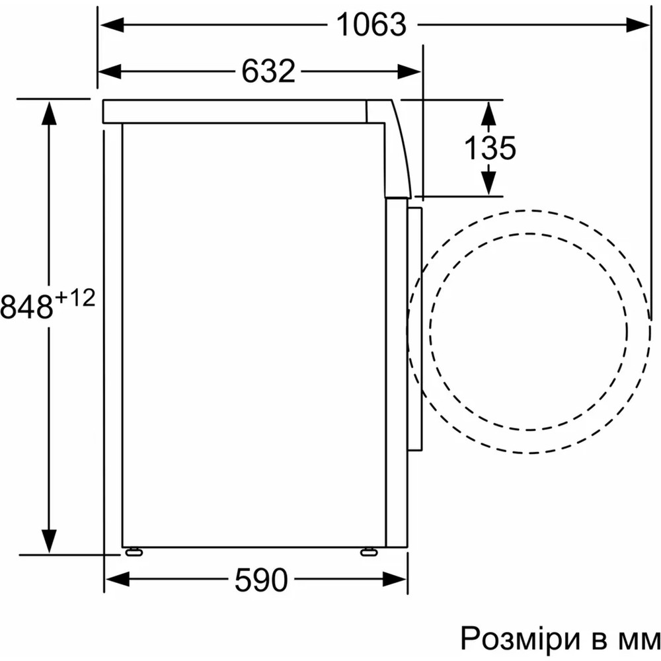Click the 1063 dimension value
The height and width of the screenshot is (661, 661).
371,24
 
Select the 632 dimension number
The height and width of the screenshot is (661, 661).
268,71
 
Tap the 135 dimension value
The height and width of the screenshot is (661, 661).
490,147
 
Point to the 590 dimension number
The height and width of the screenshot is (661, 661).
261,580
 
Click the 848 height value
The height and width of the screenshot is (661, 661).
26,307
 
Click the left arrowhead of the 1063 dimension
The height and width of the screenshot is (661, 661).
112,25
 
